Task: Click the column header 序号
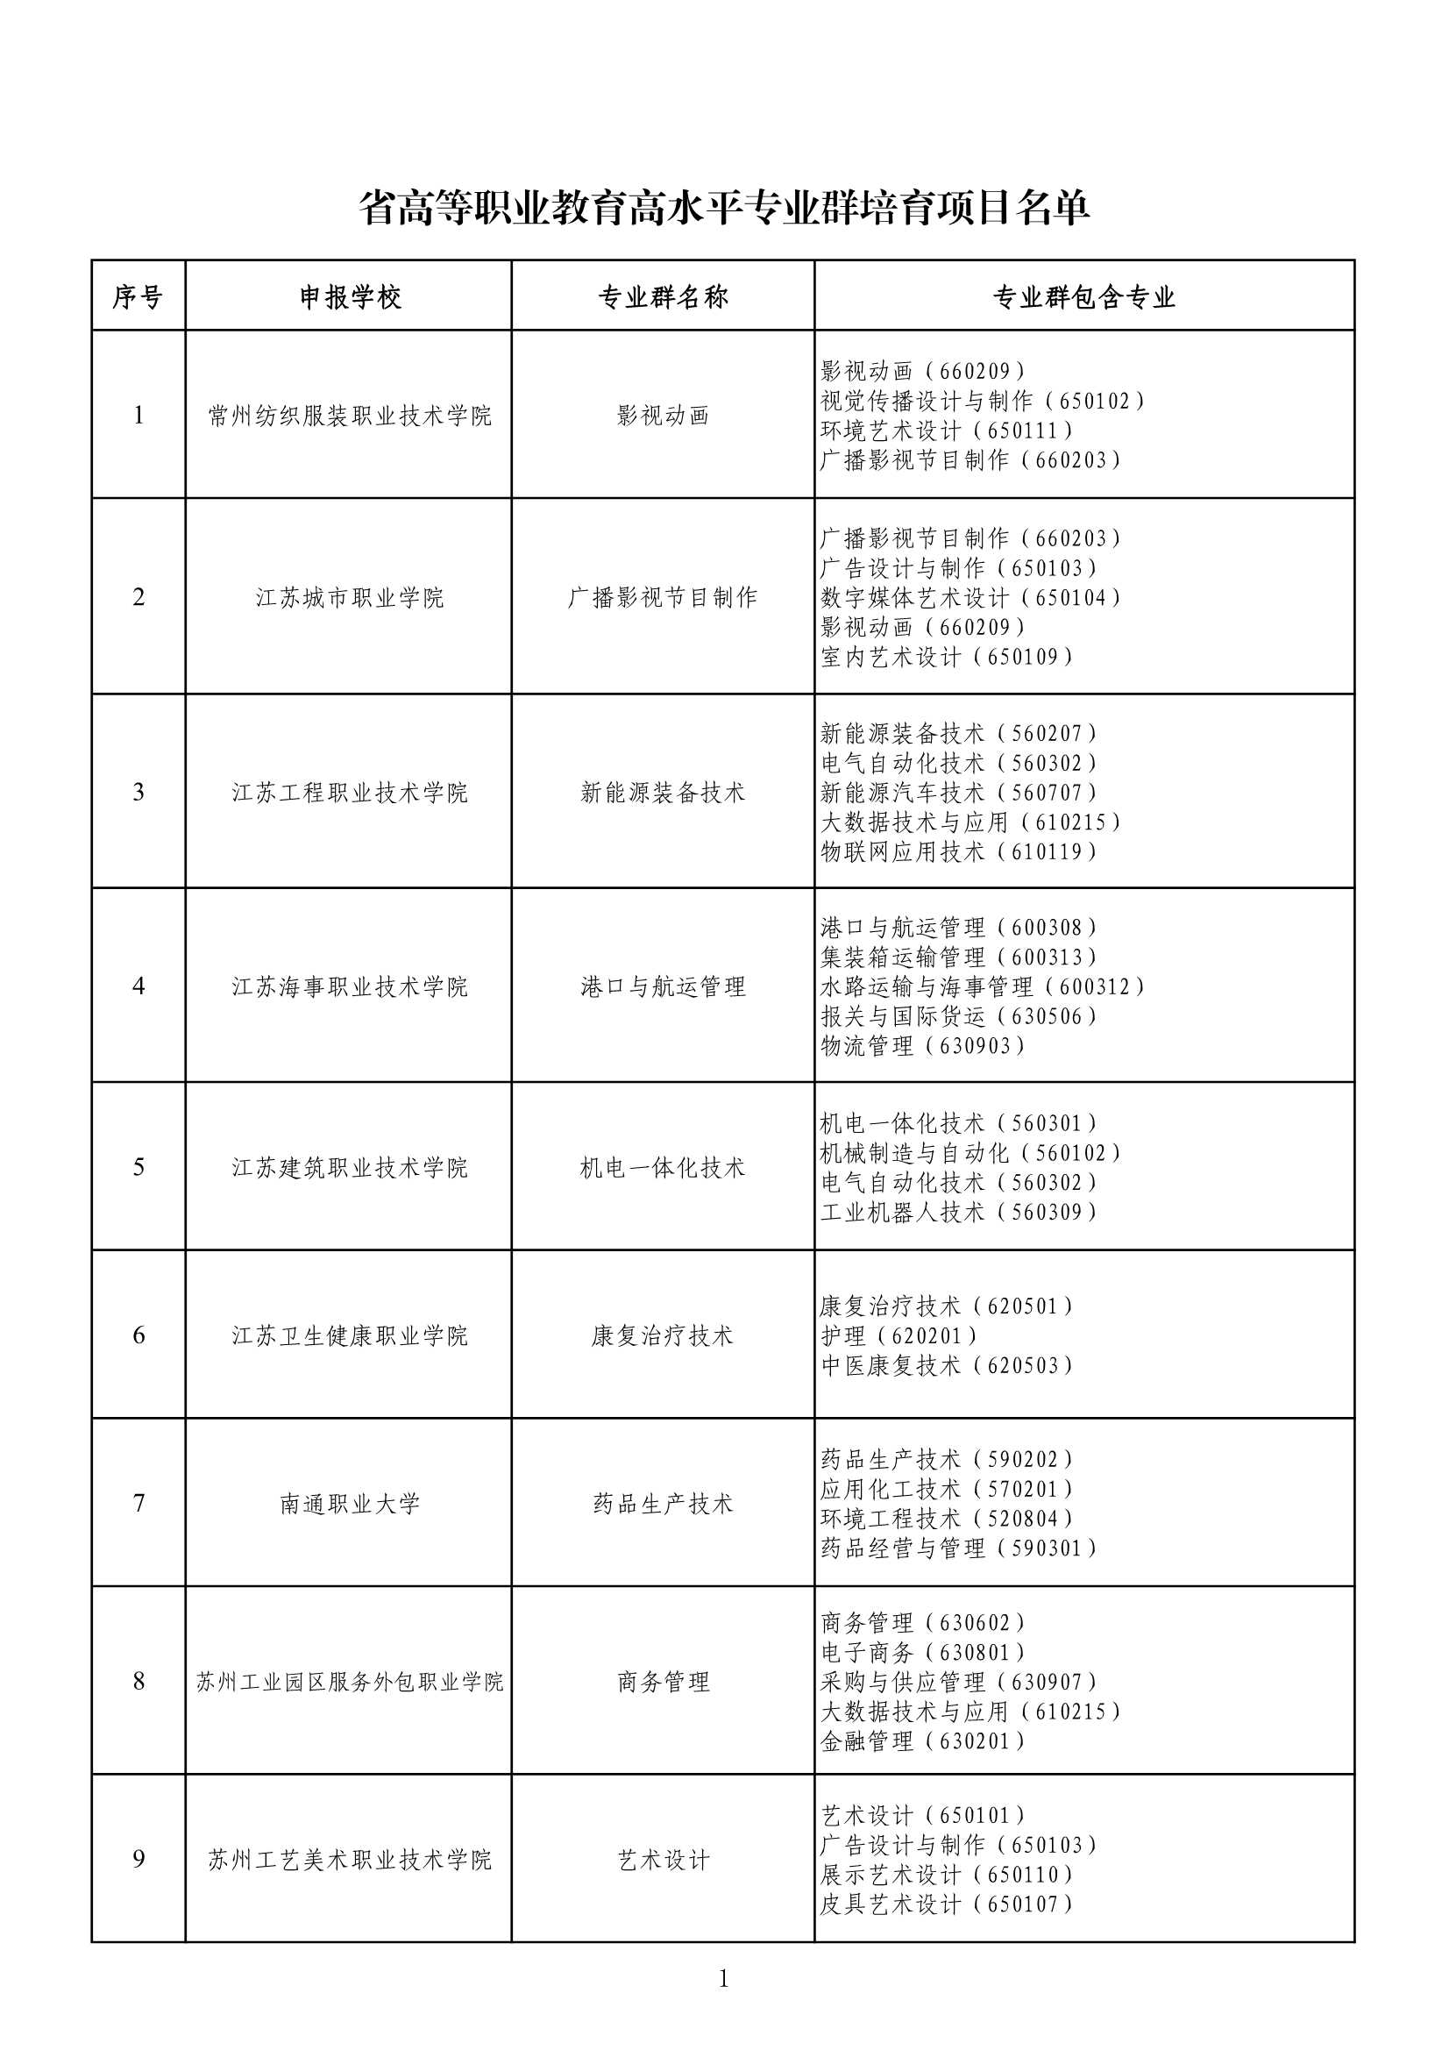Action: coord(138,297)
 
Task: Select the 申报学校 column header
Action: coord(350,297)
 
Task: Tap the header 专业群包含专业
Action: coord(1083,297)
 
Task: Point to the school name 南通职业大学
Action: coord(350,1504)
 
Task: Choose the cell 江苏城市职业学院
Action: coord(350,597)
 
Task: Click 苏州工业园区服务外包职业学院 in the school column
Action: coord(350,1682)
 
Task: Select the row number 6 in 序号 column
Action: coord(139,1335)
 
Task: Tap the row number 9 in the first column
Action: coord(139,1859)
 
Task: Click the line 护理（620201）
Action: coord(899,1335)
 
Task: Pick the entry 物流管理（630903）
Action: coord(923,1045)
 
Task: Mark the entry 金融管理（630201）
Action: coord(923,1741)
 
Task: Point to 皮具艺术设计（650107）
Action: coord(947,1904)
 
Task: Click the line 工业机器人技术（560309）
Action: coord(958,1212)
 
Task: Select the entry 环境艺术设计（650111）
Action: coord(947,431)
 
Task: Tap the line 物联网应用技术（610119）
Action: coord(958,851)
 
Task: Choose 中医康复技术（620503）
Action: coord(947,1365)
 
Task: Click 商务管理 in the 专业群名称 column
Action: coord(664,1682)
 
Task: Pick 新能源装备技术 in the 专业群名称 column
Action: coord(664,793)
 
